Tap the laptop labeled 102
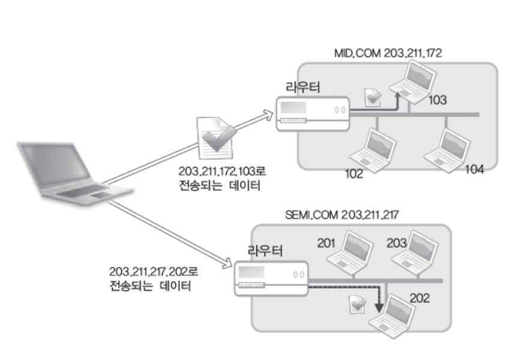(x=373, y=151)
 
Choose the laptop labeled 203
(x=415, y=253)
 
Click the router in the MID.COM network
(x=313, y=114)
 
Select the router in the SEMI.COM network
(x=271, y=278)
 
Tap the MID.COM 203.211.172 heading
(x=388, y=53)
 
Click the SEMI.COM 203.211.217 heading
(x=342, y=215)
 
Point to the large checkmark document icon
(x=217, y=138)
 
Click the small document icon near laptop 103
(x=373, y=97)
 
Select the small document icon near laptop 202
(x=358, y=304)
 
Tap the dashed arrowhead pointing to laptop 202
(x=379, y=308)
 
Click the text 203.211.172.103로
(x=222, y=172)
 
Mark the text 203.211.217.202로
(x=154, y=272)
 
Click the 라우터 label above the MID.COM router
(x=303, y=88)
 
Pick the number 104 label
(x=474, y=169)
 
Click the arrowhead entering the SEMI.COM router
(x=227, y=263)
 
